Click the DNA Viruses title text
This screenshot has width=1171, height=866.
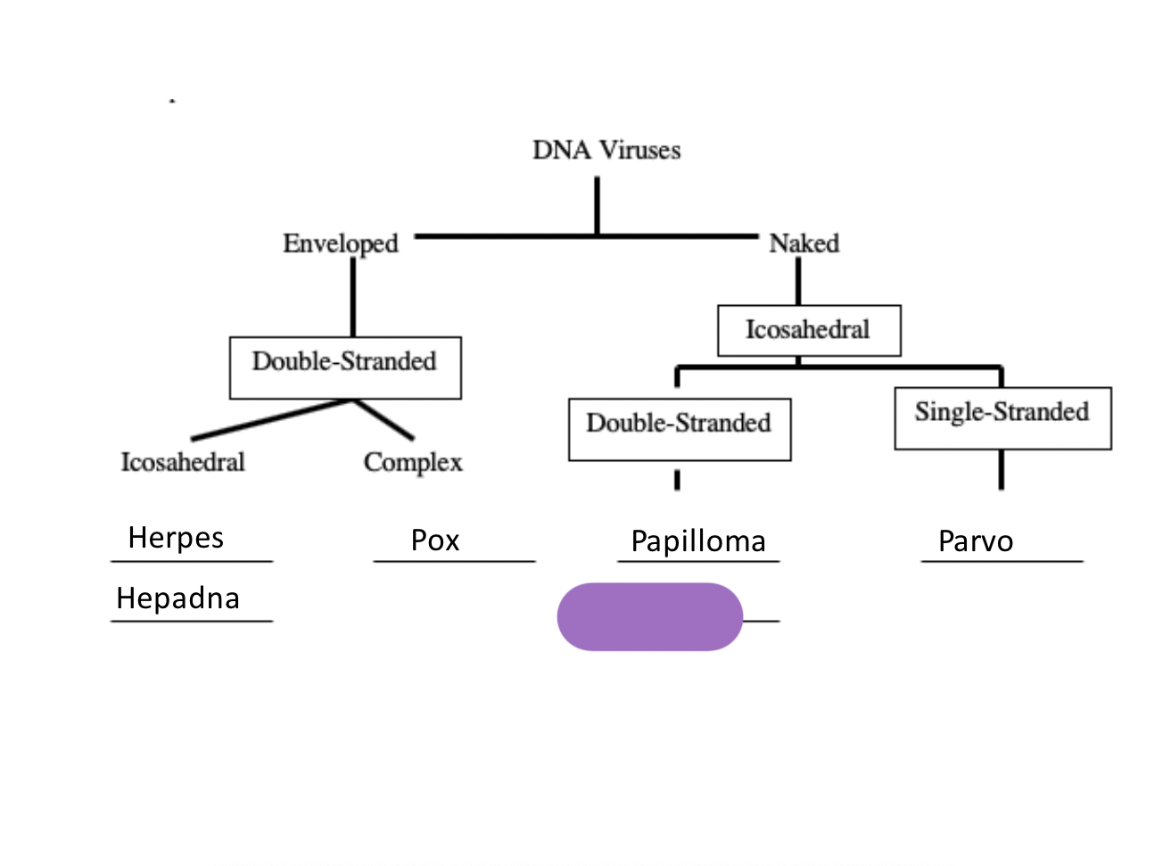click(606, 150)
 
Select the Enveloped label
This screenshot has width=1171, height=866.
click(340, 243)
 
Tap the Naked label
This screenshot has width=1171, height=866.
click(804, 243)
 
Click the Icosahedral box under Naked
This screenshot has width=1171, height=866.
click(809, 330)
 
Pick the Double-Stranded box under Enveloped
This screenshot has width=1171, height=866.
click(345, 367)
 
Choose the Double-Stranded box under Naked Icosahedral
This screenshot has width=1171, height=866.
click(680, 428)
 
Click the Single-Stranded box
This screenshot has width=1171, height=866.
click(1002, 417)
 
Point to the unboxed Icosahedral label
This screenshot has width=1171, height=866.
click(183, 462)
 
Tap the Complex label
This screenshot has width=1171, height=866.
click(413, 462)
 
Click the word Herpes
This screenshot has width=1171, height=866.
click(176, 538)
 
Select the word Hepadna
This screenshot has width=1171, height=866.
click(177, 598)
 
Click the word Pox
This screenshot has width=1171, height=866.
click(435, 540)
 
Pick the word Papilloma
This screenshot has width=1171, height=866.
click(698, 541)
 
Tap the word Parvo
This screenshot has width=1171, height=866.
click(976, 541)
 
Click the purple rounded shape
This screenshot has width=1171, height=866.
click(649, 616)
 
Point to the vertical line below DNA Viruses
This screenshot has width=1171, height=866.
click(597, 205)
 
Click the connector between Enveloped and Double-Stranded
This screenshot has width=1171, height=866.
click(353, 297)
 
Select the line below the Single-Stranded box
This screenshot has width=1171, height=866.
click(1002, 469)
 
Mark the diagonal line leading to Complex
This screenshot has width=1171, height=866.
click(384, 419)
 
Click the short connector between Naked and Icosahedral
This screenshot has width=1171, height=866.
click(798, 282)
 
